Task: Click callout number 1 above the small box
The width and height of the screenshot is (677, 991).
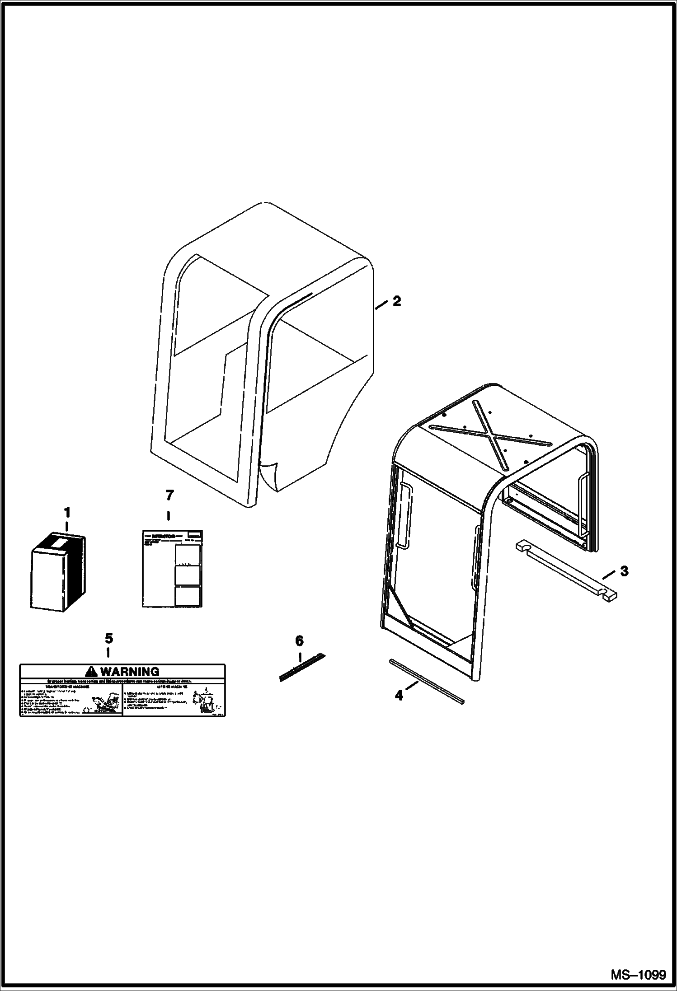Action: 67,513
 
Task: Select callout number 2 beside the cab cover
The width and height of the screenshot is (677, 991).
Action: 396,301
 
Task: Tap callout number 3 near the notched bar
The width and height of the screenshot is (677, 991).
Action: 624,571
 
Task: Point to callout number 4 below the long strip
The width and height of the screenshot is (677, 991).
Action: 399,696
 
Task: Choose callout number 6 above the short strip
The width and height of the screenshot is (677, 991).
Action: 299,640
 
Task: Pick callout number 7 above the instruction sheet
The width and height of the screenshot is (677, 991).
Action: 169,495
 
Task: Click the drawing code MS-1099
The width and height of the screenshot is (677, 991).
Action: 638,975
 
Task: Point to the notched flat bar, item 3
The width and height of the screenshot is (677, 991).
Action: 565,571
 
